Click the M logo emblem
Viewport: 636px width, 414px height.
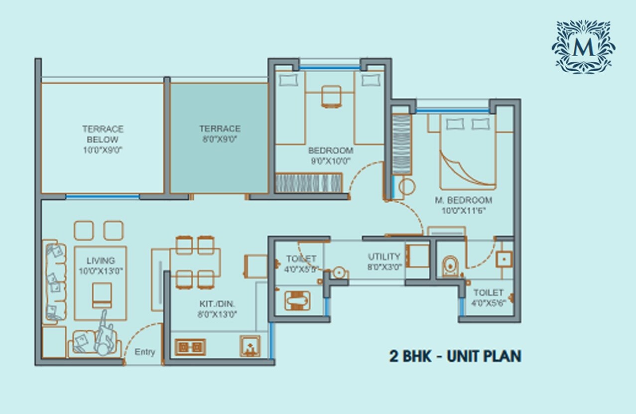[x=583, y=47]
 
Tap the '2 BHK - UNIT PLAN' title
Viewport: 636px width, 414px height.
[x=455, y=356]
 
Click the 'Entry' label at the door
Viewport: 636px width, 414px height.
[x=145, y=352]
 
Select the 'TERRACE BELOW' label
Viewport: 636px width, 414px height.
[x=103, y=134]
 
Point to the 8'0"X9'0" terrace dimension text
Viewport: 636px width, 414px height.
[x=220, y=139]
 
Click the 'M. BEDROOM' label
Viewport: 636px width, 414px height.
[x=463, y=200]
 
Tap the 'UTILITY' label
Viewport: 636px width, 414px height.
[x=384, y=257]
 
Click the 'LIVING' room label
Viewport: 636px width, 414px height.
[x=101, y=261]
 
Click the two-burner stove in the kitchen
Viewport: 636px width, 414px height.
[x=190, y=346]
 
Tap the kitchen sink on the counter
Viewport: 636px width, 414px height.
[x=250, y=346]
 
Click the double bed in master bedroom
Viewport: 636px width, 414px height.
[x=467, y=152]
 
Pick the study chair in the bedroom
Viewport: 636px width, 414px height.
[x=331, y=97]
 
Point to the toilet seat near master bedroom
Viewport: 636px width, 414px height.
[x=451, y=266]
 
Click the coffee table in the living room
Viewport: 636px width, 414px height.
[x=102, y=295]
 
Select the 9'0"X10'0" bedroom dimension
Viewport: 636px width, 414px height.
[x=330, y=161]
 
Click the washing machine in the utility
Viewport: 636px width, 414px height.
[x=417, y=256]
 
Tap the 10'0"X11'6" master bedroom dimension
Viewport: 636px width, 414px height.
[x=463, y=211]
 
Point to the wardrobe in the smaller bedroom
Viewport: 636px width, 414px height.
[x=309, y=182]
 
